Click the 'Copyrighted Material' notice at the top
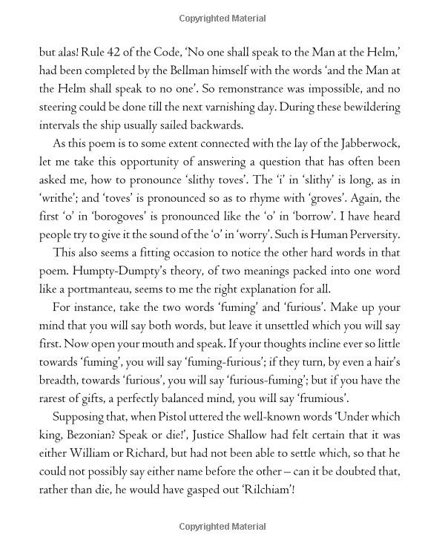222,18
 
